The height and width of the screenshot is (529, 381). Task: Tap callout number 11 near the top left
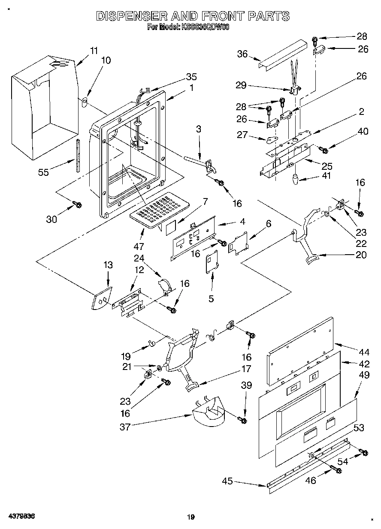[94, 50]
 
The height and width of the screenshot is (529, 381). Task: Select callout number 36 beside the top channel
[242, 54]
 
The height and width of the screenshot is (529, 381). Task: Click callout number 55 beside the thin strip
[43, 172]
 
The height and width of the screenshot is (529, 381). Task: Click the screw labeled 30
[78, 205]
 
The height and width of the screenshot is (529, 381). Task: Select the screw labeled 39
[243, 420]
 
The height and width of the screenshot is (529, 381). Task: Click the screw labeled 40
[324, 150]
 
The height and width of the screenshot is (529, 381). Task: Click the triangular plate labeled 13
[101, 298]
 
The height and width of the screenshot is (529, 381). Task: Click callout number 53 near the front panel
[359, 427]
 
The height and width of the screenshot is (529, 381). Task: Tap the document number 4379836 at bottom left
[21, 517]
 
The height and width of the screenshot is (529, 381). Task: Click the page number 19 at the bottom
[191, 517]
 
